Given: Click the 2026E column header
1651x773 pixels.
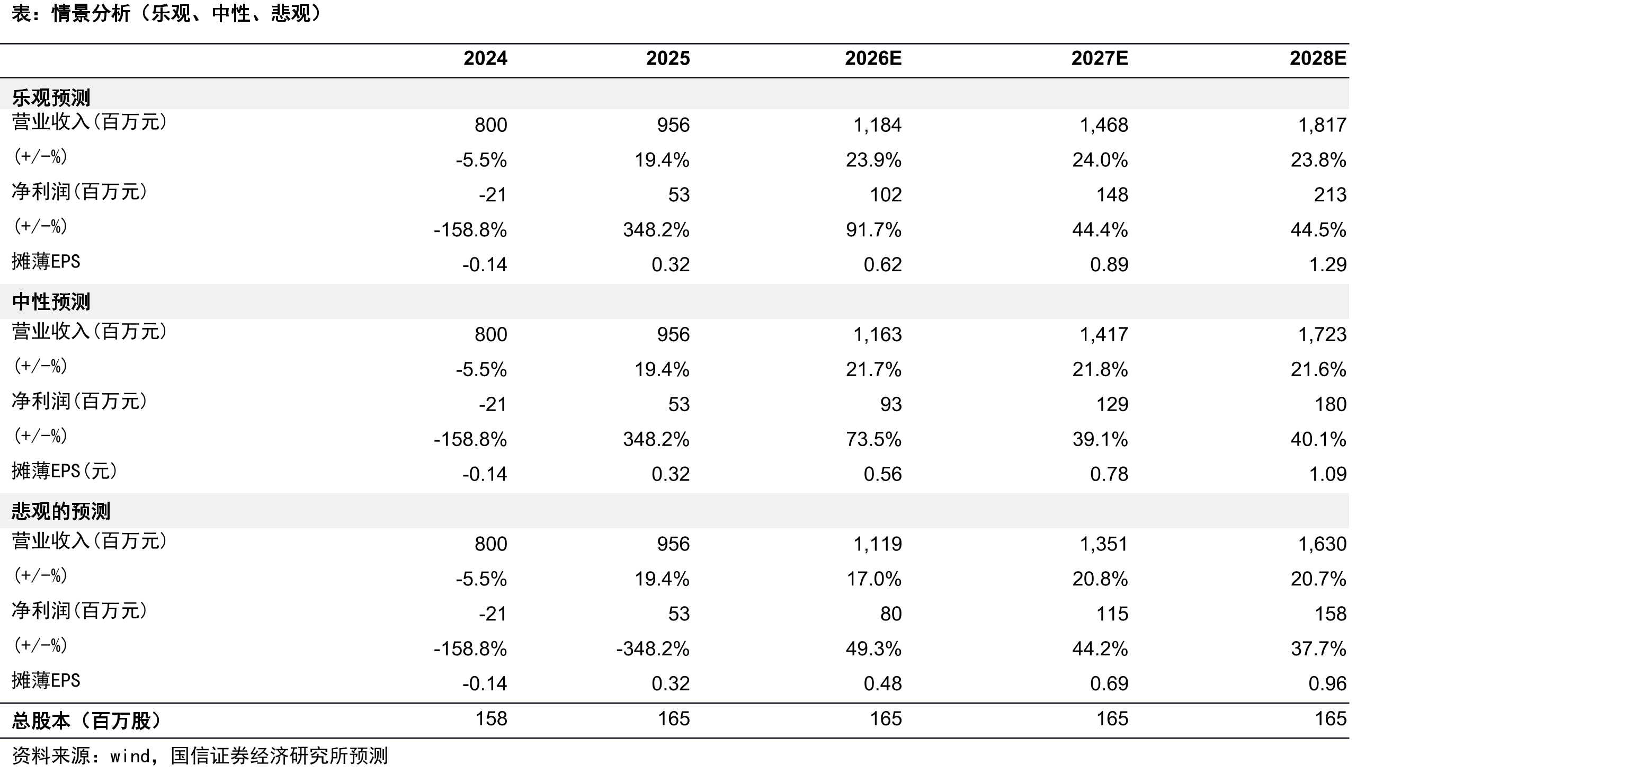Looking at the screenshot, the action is click(873, 58).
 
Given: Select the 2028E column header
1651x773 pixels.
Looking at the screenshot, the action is click(1318, 58).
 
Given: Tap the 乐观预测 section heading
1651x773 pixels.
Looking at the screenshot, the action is click(51, 97).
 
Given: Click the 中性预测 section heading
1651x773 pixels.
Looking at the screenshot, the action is click(51, 302).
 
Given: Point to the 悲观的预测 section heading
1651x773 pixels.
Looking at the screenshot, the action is click(61, 511).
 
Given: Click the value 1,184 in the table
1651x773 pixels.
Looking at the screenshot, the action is click(877, 125).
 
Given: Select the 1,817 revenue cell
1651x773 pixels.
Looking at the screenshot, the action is click(1322, 125).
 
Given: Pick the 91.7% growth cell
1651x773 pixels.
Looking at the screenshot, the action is click(873, 229).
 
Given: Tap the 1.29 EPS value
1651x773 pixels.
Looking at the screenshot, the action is click(1327, 265).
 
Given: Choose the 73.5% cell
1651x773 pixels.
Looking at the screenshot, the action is click(873, 439).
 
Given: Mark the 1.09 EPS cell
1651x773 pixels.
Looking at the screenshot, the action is click(1327, 474).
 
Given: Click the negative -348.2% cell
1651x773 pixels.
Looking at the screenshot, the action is click(653, 648).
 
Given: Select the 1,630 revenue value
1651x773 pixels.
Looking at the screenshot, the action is click(1322, 544).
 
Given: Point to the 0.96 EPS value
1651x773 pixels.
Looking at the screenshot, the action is click(1327, 684).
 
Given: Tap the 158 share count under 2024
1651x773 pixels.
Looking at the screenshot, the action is click(491, 718).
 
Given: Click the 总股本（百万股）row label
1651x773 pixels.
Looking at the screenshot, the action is click(86, 721).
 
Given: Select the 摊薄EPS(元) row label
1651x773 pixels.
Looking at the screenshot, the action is click(65, 471).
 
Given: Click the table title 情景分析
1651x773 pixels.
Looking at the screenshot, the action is click(91, 13).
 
